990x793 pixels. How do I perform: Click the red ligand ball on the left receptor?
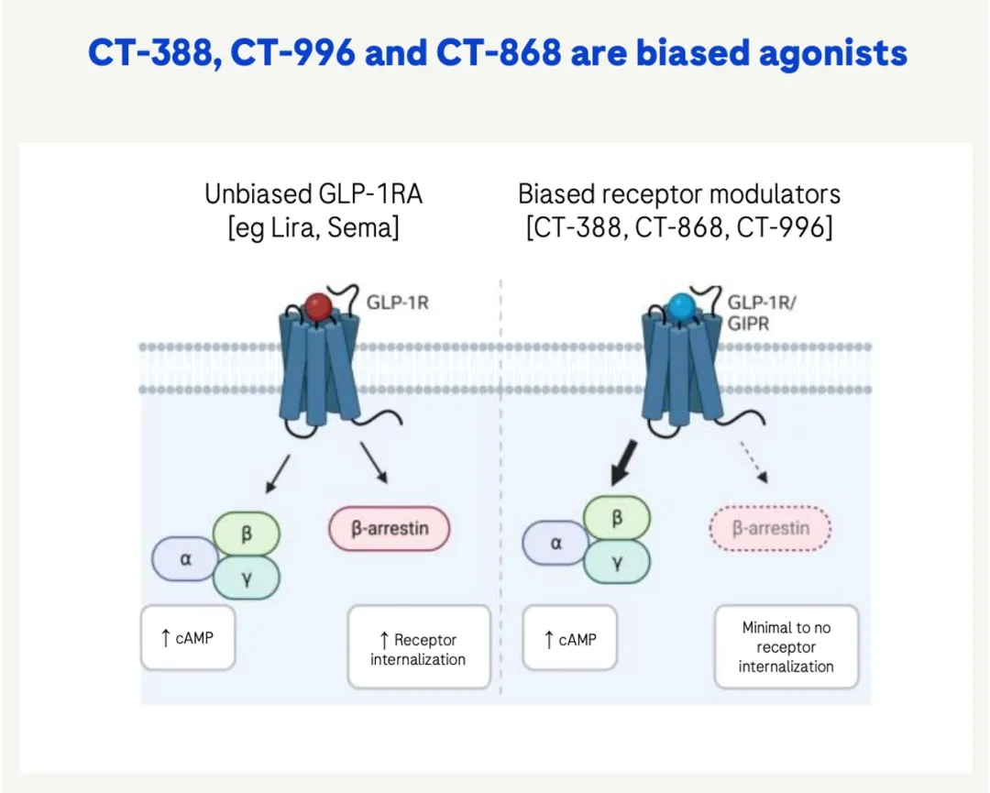[318, 305]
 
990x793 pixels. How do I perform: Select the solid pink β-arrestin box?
[390, 529]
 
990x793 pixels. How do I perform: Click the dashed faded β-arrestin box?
[771, 528]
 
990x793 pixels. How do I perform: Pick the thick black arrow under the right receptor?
[629, 465]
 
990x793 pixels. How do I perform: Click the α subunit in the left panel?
[186, 558]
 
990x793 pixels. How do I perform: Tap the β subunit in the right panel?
[617, 518]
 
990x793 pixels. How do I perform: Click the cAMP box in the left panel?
[188, 637]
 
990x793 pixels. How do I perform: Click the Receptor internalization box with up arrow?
[419, 648]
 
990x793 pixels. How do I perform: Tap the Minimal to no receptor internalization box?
[786, 646]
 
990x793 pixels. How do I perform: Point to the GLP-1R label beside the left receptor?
[398, 302]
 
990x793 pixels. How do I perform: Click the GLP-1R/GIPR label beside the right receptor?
[761, 312]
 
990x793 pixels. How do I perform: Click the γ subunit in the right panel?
[617, 564]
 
